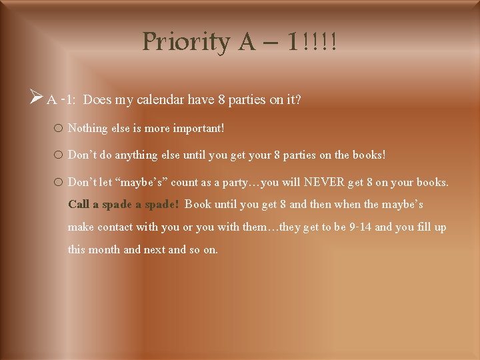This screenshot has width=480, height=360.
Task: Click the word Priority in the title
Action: click(x=186, y=42)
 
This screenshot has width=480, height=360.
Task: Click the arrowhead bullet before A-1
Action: click(x=36, y=97)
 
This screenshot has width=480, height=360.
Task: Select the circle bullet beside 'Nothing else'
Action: click(x=58, y=128)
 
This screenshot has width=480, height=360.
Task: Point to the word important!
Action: click(x=199, y=129)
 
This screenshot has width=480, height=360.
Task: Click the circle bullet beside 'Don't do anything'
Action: click(x=58, y=155)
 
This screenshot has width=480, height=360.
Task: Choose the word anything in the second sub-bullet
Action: click(x=136, y=155)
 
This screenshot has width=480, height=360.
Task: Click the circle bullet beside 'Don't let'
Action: click(x=58, y=182)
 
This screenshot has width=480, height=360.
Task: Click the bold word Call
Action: click(x=79, y=204)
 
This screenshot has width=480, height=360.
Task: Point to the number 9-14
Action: click(x=360, y=227)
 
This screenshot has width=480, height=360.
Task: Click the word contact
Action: click(x=115, y=227)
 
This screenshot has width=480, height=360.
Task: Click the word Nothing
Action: click(x=87, y=129)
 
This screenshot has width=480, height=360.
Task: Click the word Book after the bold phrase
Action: click(x=198, y=204)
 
